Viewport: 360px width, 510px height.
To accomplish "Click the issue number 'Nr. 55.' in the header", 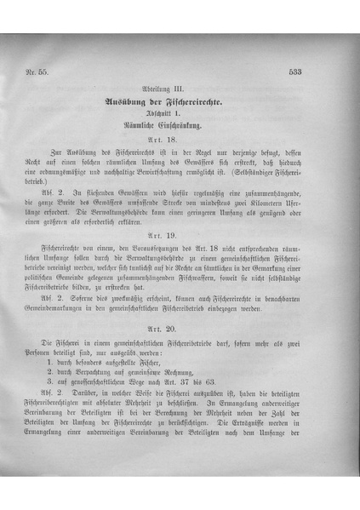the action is (x=40, y=72).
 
